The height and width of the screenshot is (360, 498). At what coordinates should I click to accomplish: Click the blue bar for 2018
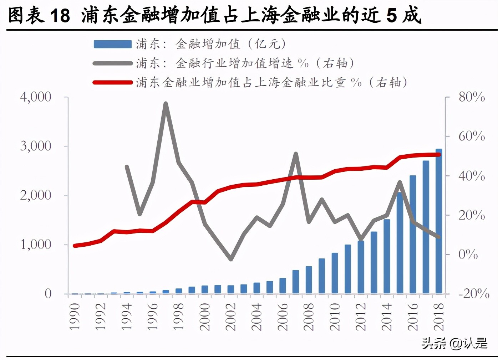tap(439, 221)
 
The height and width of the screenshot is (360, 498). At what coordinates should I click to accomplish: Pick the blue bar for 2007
tap(296, 282)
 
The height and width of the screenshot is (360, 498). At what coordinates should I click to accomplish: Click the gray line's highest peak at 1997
tap(166, 104)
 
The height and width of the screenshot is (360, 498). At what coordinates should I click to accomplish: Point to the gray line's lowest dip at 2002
tap(231, 259)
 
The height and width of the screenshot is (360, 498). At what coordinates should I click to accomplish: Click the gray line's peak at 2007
tap(296, 154)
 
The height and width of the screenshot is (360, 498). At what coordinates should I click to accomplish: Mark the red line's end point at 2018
tap(439, 155)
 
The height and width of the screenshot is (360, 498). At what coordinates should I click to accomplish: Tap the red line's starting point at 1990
tap(75, 246)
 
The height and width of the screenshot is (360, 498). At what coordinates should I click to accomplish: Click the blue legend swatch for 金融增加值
tap(112, 44)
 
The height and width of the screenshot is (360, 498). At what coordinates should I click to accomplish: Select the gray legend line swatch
tap(112, 63)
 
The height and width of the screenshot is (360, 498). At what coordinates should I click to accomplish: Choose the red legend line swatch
tap(112, 83)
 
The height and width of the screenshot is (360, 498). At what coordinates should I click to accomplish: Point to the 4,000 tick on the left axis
tap(36, 97)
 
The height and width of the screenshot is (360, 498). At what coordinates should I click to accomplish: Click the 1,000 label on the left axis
tap(36, 245)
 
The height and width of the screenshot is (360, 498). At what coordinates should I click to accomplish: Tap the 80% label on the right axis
tap(471, 97)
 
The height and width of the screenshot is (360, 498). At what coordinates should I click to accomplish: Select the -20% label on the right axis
tap(473, 294)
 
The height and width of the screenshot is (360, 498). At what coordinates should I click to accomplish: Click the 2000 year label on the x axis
tap(205, 317)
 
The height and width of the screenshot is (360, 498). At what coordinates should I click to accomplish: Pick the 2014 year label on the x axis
tap(387, 317)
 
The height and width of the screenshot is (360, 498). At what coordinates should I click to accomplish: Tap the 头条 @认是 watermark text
tap(454, 343)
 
